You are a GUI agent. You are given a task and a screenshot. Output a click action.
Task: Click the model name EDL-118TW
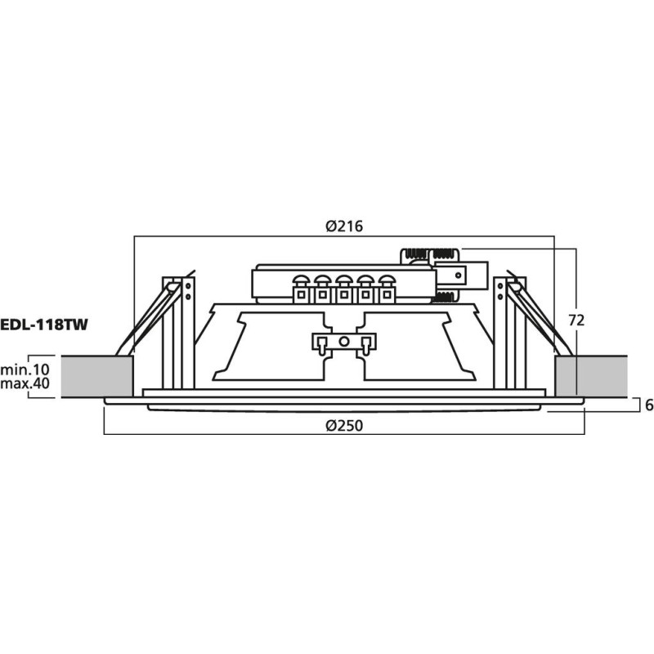coord(43,324)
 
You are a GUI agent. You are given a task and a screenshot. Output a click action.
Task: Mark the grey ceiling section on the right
coord(590,376)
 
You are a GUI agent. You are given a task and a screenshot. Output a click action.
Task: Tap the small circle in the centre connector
coord(344,341)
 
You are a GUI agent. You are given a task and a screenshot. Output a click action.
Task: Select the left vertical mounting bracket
coord(179,331)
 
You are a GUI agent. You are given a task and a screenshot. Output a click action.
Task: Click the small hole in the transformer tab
coord(459,275)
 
